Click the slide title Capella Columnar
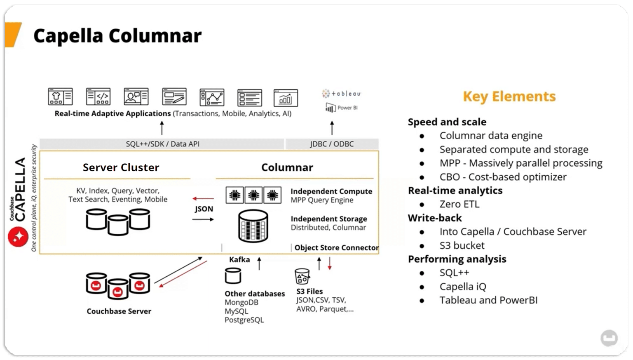coord(117,36)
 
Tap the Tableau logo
coord(341,94)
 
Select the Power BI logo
coord(341,108)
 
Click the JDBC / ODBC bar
coord(331,144)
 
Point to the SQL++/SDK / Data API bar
coord(162,144)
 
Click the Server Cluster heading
coord(121,167)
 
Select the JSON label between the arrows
coord(204,209)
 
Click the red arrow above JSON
coord(203,198)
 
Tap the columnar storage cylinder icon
coord(253,226)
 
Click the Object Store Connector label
coord(336,247)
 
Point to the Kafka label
coord(239,260)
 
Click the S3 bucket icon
coord(302,276)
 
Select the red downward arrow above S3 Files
coord(330,264)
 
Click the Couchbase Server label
coord(119,311)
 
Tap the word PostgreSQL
coord(244,320)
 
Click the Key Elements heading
coord(509,96)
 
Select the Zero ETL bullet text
coord(459,204)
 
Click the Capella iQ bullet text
coord(462,287)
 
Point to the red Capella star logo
coord(18,237)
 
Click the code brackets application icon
coord(98,97)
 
